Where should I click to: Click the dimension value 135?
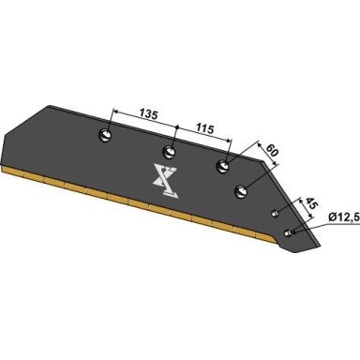click(148, 114)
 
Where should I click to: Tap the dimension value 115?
click(204, 128)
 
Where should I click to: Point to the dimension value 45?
click(311, 204)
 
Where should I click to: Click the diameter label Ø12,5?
click(344, 217)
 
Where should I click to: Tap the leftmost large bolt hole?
click(105, 136)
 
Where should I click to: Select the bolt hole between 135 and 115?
click(169, 152)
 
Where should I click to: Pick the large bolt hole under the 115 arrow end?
click(223, 165)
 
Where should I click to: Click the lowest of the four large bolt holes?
click(241, 191)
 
